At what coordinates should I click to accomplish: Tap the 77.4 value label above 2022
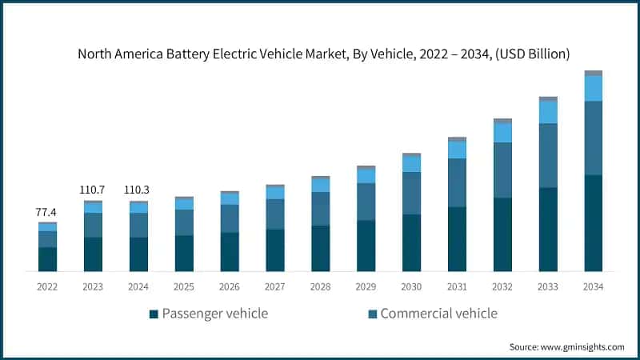pos(47,213)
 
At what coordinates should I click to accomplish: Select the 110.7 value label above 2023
pos(93,190)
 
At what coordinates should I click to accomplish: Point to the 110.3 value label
pos(138,190)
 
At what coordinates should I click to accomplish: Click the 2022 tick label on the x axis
pos(47,286)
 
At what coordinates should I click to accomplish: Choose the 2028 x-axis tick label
pos(320,286)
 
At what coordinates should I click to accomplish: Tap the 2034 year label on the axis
pos(593,286)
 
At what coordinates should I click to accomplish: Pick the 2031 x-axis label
pos(457,286)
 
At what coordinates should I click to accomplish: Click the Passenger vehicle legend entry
pos(215,313)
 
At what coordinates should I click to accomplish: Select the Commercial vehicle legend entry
pos(438,313)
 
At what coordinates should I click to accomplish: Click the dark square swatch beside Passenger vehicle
pos(154,314)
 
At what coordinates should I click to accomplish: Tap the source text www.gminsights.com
pos(566,346)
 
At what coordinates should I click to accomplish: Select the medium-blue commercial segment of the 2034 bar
pos(593,138)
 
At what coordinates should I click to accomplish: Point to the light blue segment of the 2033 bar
pos(548,112)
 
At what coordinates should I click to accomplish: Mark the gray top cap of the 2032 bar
pos(502,121)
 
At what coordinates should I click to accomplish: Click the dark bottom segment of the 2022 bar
pos(47,259)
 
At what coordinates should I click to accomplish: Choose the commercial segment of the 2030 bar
pos(411,193)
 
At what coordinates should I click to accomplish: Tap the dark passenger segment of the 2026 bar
pos(230,251)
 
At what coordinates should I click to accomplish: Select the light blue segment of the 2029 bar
pos(366,176)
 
